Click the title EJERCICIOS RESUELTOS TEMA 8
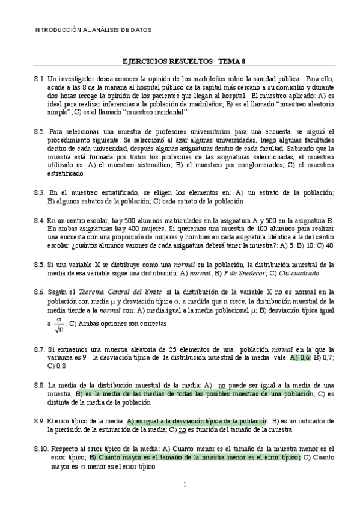(x=180, y=61)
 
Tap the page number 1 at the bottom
(x=185, y=485)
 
